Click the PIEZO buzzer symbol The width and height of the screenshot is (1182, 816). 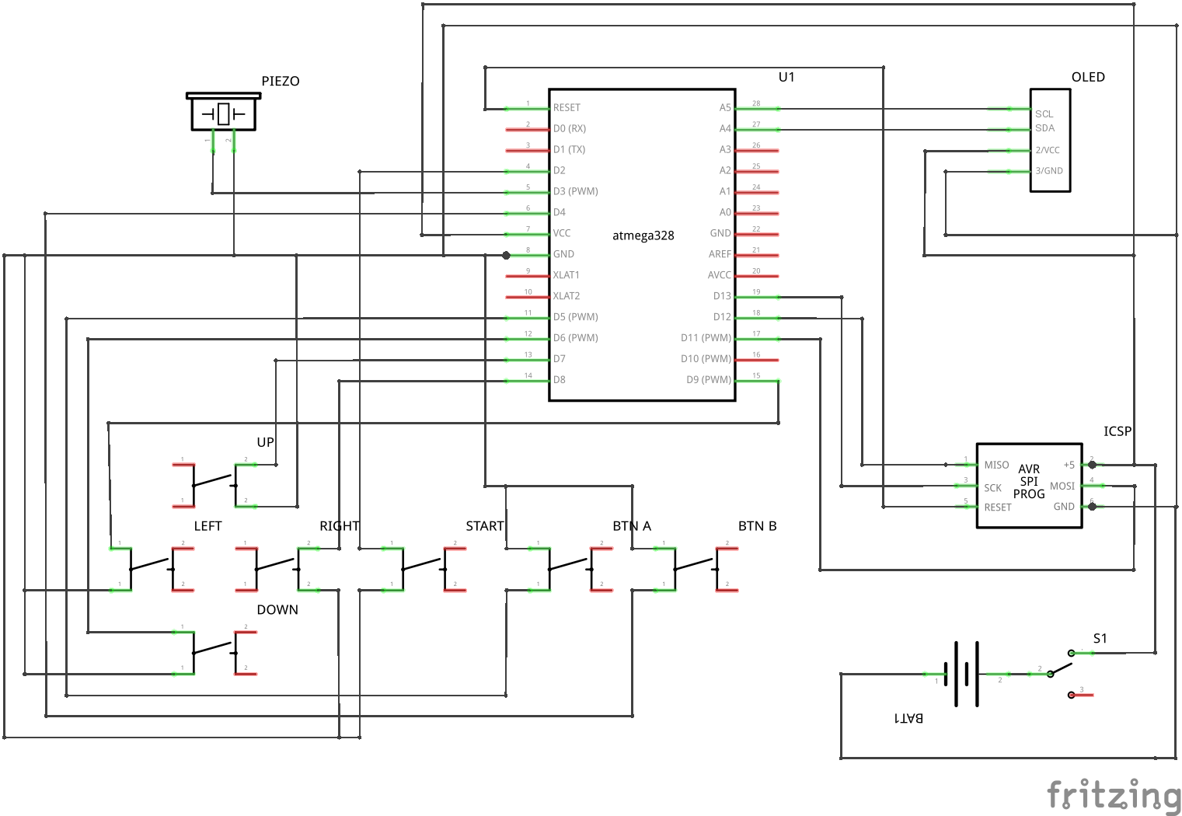click(x=223, y=113)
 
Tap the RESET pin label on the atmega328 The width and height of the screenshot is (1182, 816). click(x=567, y=108)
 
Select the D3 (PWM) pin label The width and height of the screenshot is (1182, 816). click(x=575, y=191)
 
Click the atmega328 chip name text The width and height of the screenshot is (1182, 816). click(x=643, y=235)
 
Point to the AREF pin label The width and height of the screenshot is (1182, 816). click(x=719, y=254)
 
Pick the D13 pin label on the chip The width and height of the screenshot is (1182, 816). click(x=721, y=296)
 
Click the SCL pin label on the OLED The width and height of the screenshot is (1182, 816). click(x=1044, y=113)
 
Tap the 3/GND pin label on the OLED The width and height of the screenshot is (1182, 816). click(x=1048, y=171)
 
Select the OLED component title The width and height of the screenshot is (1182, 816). click(x=1087, y=77)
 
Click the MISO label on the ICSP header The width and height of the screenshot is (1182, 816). click(x=996, y=465)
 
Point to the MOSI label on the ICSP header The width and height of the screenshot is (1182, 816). click(x=1062, y=486)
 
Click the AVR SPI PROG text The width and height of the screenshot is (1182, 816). click(x=1029, y=481)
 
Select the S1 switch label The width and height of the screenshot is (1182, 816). click(x=1100, y=639)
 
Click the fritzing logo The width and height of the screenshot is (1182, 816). click(x=1113, y=795)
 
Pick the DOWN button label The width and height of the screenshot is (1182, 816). click(x=277, y=610)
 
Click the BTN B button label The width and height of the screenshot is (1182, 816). click(x=757, y=526)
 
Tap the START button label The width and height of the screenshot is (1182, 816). click(x=485, y=526)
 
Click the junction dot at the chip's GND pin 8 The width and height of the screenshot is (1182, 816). click(x=506, y=255)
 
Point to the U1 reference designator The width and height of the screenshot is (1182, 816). click(x=786, y=77)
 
